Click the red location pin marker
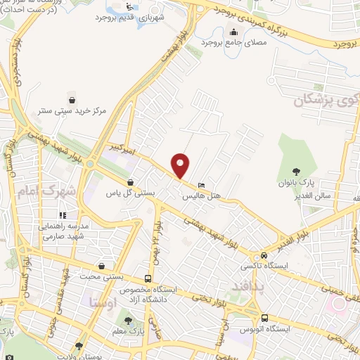click(181, 165)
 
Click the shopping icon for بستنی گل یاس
click(129, 181)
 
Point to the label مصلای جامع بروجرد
click(233, 42)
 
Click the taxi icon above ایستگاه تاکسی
click(263, 255)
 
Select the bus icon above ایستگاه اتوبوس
click(264, 317)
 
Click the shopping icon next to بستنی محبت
click(103, 266)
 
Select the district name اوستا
click(103, 303)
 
